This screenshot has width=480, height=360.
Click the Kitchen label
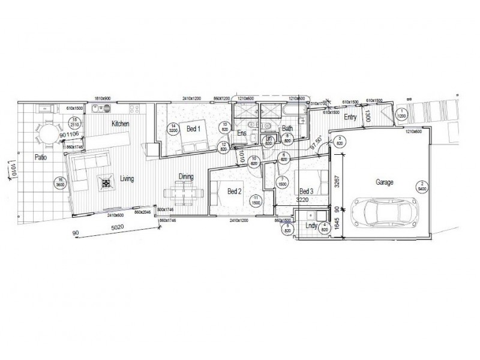pyautogui.click(x=120, y=124)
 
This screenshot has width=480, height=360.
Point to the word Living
pyautogui.click(x=126, y=178)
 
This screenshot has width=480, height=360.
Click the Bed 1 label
pyautogui.click(x=193, y=128)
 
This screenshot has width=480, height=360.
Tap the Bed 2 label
pyautogui.click(x=234, y=191)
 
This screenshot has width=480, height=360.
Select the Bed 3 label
pyautogui.click(x=306, y=191)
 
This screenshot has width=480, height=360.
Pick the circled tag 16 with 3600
pyautogui.click(x=60, y=182)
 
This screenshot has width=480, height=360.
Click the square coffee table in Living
pyautogui.click(x=107, y=183)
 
